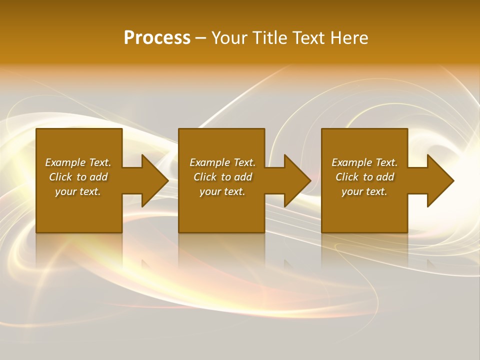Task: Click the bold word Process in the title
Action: tap(157, 38)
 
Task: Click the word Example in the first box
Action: tap(65, 162)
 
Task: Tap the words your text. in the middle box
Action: tap(222, 191)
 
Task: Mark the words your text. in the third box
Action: tap(364, 191)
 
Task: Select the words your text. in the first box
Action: tap(78, 191)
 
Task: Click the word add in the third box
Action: tap(385, 177)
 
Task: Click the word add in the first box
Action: tap(98, 177)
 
